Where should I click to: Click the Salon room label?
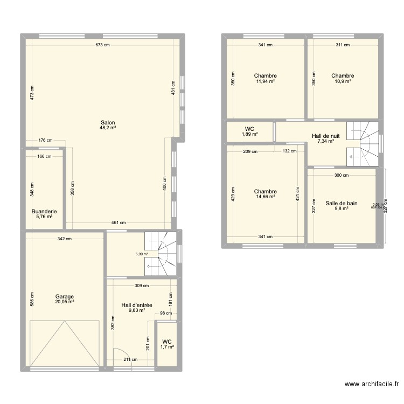pyautogui.click(x=108, y=122)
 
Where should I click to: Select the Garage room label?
pyautogui.click(x=64, y=296)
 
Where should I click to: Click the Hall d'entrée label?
pyautogui.click(x=137, y=305)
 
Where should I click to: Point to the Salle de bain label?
pyautogui.click(x=341, y=203)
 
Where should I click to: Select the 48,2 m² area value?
pyautogui.click(x=108, y=128)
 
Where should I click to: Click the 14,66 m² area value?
pyautogui.click(x=266, y=197)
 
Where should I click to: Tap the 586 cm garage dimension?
pyautogui.click(x=32, y=299)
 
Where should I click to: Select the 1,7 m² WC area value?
pyautogui.click(x=168, y=347)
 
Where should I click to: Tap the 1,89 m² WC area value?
pyautogui.click(x=249, y=135)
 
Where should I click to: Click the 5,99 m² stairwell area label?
pyautogui.click(x=142, y=254)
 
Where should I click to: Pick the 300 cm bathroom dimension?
pyautogui.click(x=341, y=175)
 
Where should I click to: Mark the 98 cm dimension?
pyautogui.click(x=165, y=313)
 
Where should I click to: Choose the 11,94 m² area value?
pyautogui.click(x=266, y=81)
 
